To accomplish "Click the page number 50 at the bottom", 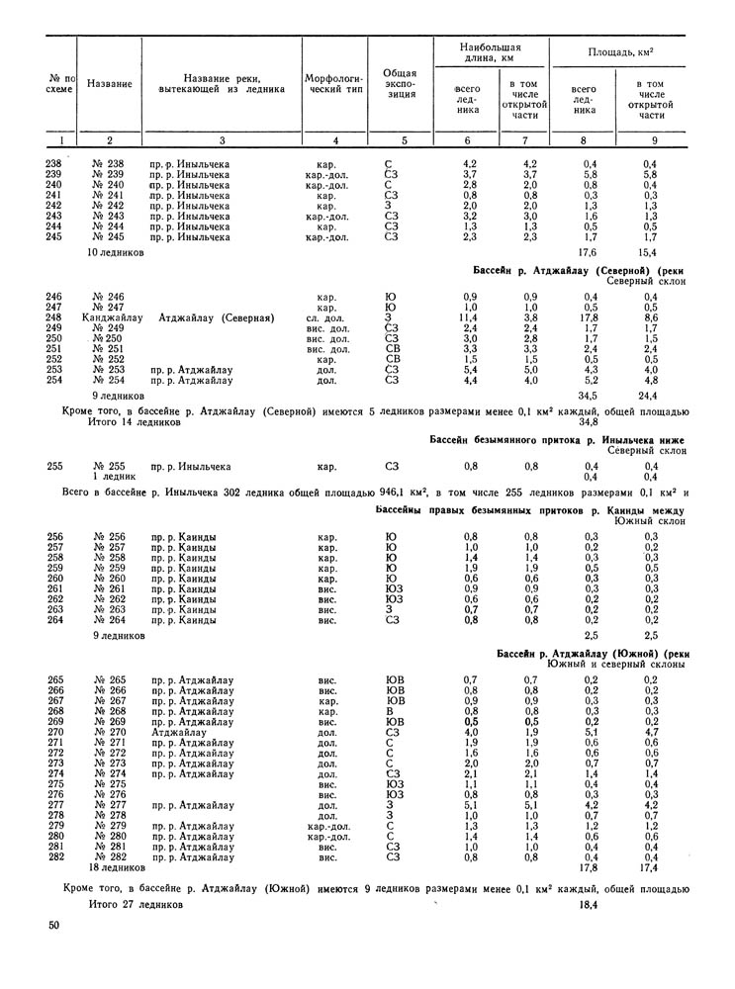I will click(52, 925).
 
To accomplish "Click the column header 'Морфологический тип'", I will click(335, 82).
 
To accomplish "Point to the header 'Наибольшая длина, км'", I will click(491, 51).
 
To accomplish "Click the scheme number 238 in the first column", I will click(53, 163).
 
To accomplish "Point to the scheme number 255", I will click(53, 466).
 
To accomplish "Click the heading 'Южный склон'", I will click(649, 520).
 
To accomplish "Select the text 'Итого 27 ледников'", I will click(136, 903).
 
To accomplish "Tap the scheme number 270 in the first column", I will click(53, 733).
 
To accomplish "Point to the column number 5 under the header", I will click(400, 140).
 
